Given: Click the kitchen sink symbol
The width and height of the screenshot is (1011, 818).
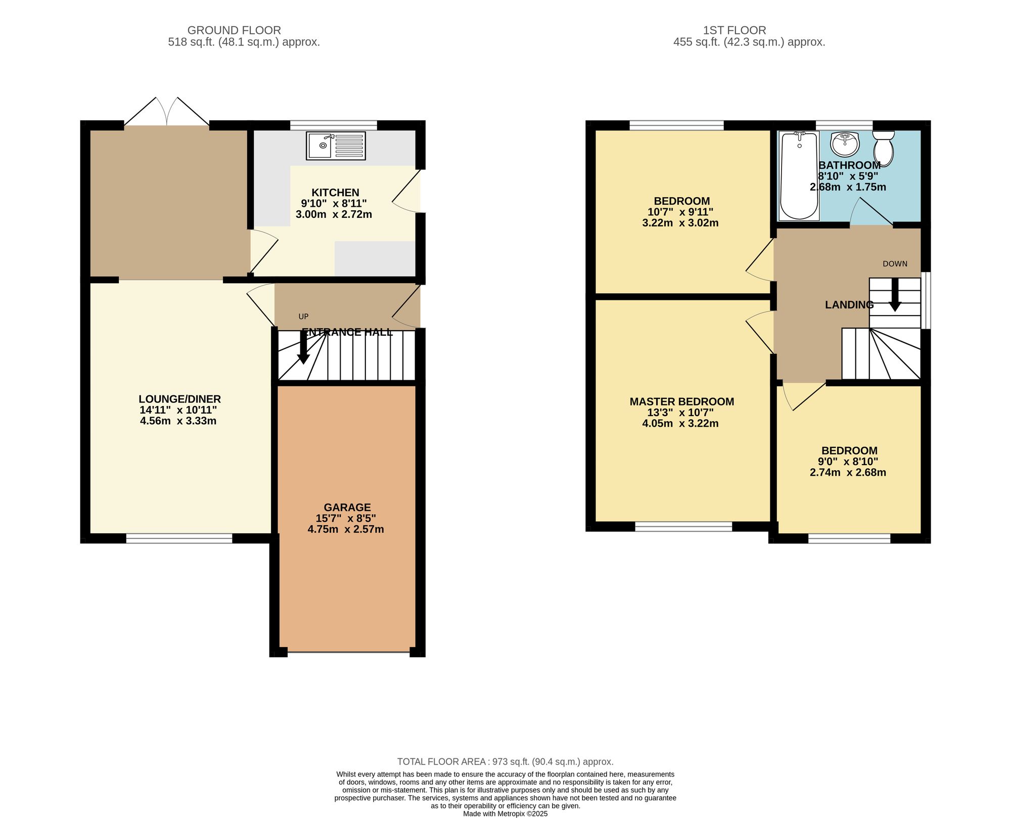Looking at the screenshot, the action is pyautogui.click(x=336, y=146).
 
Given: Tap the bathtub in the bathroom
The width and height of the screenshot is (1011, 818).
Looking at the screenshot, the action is pyautogui.click(x=799, y=175).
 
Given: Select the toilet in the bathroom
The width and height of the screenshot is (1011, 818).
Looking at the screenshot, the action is pyautogui.click(x=884, y=148).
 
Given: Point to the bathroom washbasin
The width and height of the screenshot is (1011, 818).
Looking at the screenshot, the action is pyautogui.click(x=845, y=144).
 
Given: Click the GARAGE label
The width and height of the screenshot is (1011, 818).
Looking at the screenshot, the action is pyautogui.click(x=347, y=508).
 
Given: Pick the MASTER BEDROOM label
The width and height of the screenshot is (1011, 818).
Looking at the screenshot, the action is pyautogui.click(x=682, y=402).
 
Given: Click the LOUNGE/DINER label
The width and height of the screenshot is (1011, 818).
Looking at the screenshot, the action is pyautogui.click(x=180, y=399).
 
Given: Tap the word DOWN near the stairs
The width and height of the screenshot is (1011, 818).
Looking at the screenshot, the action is pyautogui.click(x=895, y=264).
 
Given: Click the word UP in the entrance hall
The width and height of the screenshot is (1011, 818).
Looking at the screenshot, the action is pyautogui.click(x=303, y=317).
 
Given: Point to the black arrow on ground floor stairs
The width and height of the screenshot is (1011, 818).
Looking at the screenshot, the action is pyautogui.click(x=303, y=347).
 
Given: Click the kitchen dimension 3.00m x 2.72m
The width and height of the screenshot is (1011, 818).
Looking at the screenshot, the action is pyautogui.click(x=334, y=214).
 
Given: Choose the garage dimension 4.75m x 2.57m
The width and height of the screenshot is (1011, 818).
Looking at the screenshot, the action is pyautogui.click(x=346, y=529).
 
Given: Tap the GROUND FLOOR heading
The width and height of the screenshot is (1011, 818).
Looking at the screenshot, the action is pyautogui.click(x=234, y=30).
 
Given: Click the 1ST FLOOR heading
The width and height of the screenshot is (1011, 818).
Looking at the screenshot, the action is pyautogui.click(x=734, y=30).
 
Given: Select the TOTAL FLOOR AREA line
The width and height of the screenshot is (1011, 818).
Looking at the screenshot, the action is pyautogui.click(x=505, y=762).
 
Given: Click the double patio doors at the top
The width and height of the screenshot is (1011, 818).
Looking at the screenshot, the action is pyautogui.click(x=167, y=111).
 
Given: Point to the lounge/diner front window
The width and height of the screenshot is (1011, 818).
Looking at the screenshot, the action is pyautogui.click(x=179, y=538).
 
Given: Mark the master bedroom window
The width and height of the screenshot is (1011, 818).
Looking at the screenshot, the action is pyautogui.click(x=683, y=526).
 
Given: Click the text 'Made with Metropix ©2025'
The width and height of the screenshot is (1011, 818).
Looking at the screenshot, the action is pyautogui.click(x=505, y=814).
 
